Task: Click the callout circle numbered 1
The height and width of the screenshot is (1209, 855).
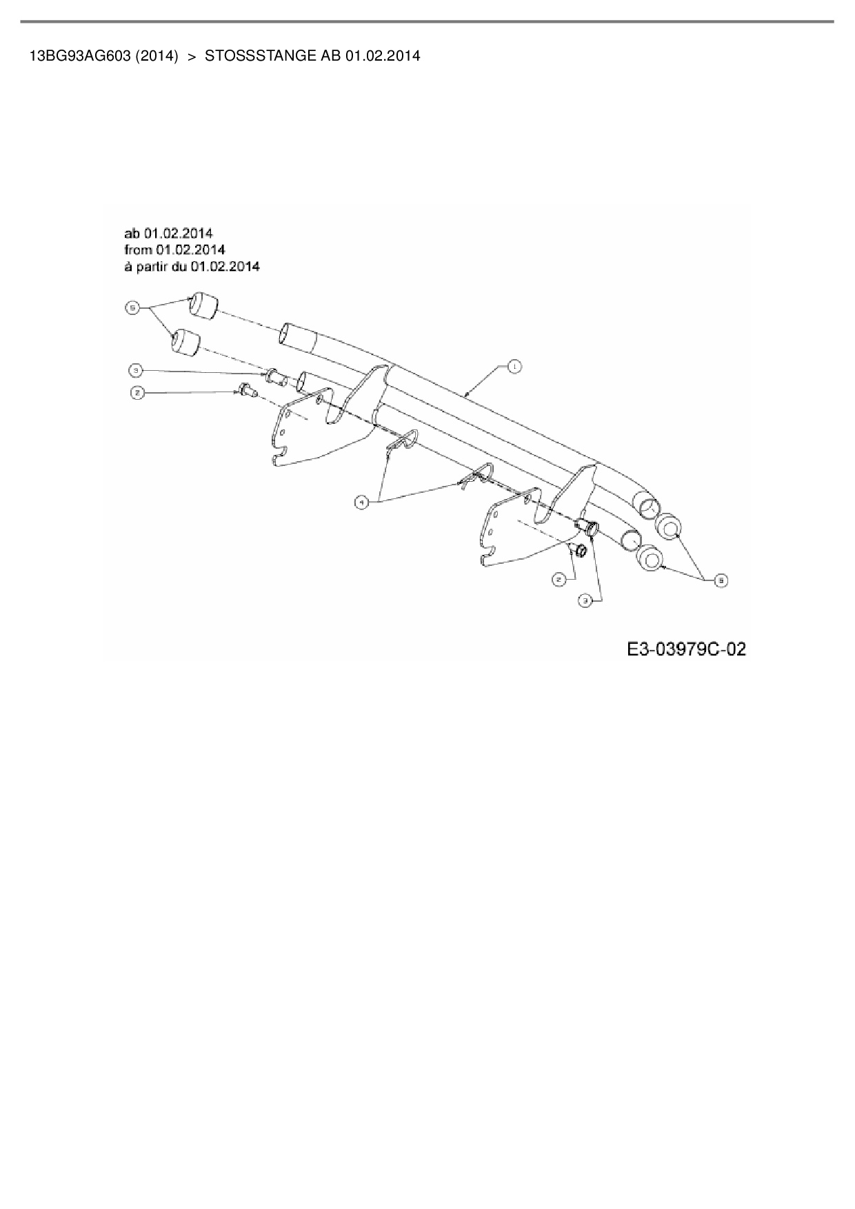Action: point(514,367)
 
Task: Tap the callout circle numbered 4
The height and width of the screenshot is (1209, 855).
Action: point(361,503)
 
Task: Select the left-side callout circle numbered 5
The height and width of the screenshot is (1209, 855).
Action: point(132,307)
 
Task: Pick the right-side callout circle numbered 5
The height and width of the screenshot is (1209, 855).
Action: point(720,580)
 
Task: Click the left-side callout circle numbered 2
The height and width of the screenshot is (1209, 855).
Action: point(137,393)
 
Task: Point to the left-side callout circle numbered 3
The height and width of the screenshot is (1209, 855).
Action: point(136,371)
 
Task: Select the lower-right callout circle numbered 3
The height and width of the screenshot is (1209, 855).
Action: point(585,601)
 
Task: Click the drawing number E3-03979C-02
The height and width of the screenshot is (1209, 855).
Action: point(686,649)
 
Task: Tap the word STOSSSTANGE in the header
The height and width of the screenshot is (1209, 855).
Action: point(261,56)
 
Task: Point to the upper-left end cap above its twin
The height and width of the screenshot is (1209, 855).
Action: point(203,305)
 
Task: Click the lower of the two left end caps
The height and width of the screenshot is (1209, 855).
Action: point(185,343)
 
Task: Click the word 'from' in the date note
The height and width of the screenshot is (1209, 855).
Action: point(138,249)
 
